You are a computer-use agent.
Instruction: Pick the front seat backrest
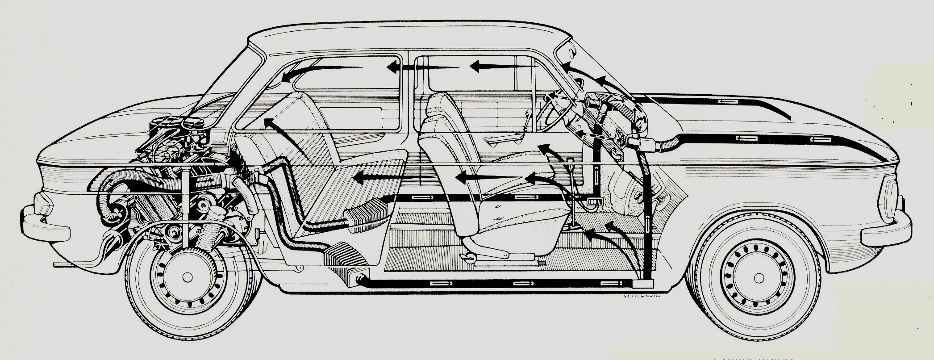[x=440, y=147]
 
